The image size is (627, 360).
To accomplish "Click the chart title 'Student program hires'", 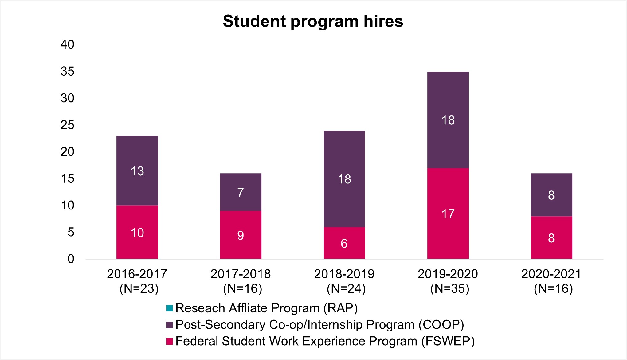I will click(313, 22).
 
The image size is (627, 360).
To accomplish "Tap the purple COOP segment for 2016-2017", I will click(137, 170).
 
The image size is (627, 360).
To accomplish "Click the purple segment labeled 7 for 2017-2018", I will click(241, 192).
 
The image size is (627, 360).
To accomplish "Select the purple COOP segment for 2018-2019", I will click(344, 179).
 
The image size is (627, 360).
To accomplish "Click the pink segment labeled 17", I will click(448, 213).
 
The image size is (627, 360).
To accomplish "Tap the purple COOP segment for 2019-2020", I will click(448, 120).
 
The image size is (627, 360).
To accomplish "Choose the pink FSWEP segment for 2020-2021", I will click(551, 237).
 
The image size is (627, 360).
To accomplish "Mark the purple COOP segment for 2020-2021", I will click(551, 195).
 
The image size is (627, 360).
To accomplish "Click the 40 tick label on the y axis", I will click(67, 45).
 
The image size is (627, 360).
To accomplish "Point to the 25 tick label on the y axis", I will click(67, 125).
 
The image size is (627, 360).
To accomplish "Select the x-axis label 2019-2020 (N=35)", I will click(448, 281).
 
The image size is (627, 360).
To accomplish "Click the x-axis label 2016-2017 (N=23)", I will click(137, 281).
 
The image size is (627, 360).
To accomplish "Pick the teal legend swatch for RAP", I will click(169, 308).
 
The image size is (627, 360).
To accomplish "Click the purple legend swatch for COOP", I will click(169, 325).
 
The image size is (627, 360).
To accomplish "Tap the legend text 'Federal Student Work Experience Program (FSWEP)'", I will click(325, 341).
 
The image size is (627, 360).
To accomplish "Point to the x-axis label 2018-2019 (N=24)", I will click(344, 281).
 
